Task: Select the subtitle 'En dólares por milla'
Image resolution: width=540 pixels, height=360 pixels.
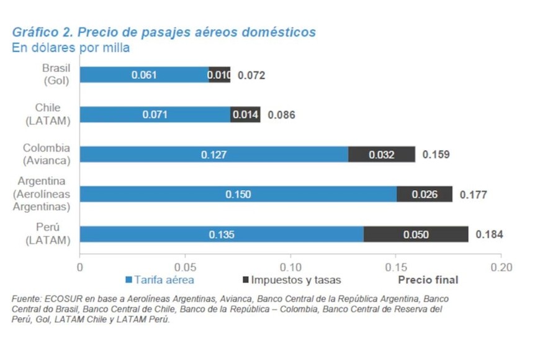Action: (71, 48)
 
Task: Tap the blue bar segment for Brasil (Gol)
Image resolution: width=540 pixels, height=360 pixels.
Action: (144, 75)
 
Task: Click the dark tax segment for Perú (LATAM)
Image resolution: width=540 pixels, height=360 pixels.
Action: (415, 235)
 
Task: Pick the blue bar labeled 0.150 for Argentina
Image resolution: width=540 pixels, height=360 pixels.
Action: (238, 194)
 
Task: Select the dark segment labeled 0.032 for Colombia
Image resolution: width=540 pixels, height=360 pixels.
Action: (381, 155)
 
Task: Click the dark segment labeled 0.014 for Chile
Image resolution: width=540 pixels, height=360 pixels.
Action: (245, 115)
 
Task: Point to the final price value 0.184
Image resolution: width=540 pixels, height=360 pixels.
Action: (489, 235)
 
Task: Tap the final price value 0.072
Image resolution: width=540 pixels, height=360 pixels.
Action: (251, 76)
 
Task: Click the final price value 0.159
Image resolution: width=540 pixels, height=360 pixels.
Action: (436, 155)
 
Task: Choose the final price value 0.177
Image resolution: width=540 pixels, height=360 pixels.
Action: (473, 195)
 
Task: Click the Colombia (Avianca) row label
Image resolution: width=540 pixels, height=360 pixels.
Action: (47, 154)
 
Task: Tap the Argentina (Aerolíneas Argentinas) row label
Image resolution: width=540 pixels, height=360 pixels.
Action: (43, 194)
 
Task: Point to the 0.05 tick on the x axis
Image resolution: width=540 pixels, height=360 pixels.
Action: (185, 267)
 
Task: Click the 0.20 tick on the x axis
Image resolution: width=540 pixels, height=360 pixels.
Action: (500, 267)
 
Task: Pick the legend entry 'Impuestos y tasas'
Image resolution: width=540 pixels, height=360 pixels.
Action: (291, 280)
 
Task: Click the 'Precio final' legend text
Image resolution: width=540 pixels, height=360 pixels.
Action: (428, 280)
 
